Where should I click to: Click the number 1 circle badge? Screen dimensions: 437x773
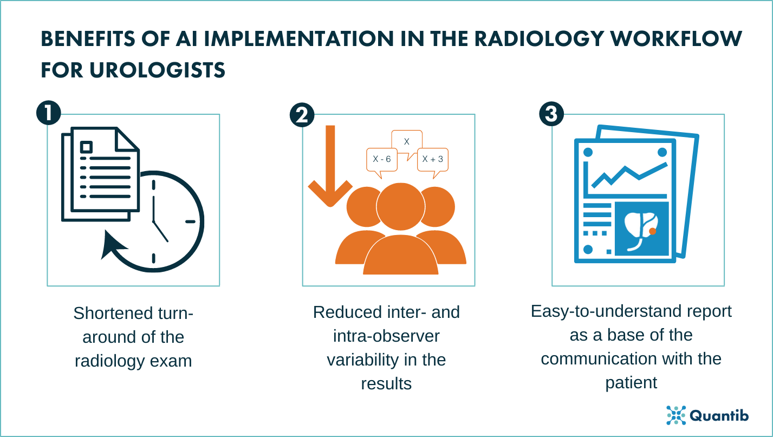coord(48,114)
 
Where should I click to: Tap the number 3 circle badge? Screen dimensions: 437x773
coord(552,114)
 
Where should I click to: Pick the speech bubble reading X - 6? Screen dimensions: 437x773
coord(382,160)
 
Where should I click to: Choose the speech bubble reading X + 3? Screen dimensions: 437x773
coord(432,159)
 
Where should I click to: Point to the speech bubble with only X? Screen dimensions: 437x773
coord(406,142)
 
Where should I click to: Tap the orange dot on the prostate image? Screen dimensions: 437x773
coord(653,231)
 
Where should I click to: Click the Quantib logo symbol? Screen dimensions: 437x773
coord(676,415)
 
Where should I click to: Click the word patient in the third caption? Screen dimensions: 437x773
coord(631,382)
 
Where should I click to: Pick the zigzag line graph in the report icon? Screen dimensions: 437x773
coord(628,174)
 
